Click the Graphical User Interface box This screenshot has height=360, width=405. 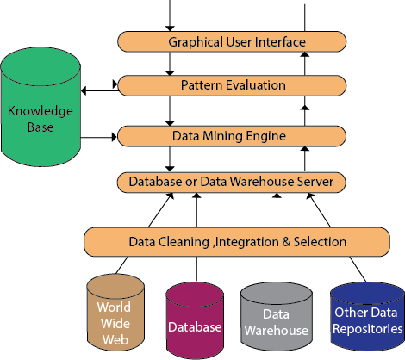(232, 41)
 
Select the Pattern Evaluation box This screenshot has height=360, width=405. (232, 85)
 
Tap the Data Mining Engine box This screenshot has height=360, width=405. (232, 136)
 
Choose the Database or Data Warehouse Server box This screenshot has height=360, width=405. (231, 183)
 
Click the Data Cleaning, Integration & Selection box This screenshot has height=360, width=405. (237, 242)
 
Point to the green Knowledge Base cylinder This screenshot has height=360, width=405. (40, 107)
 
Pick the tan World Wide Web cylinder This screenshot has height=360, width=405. (115, 312)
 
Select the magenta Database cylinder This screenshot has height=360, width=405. (195, 320)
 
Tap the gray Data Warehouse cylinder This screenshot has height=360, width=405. (277, 316)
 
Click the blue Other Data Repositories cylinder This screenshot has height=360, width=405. (367, 316)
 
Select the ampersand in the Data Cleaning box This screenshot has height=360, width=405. (286, 242)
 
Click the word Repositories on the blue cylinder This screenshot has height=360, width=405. (368, 329)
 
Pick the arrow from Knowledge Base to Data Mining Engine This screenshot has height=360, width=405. (99, 137)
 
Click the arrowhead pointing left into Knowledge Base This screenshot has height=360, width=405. (84, 91)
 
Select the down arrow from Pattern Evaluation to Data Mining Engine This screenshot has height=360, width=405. (170, 111)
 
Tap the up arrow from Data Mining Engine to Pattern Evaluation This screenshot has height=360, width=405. (305, 115)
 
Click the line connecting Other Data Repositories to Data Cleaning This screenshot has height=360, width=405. (358, 270)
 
